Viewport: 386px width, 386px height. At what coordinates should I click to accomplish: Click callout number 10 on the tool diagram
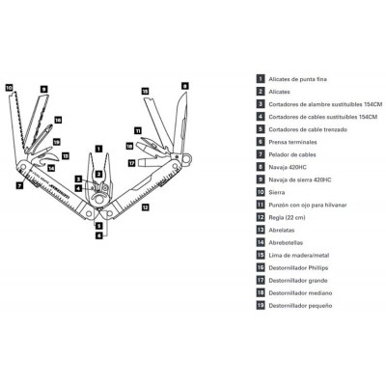point(10,87)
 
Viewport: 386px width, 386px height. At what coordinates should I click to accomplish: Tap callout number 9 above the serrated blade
point(43,89)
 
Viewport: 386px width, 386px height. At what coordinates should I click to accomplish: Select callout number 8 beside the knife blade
point(183,85)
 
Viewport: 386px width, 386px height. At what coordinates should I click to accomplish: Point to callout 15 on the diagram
point(146,91)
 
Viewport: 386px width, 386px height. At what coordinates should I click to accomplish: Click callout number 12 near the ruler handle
point(144,207)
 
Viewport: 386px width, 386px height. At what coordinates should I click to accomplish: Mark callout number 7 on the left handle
point(19,180)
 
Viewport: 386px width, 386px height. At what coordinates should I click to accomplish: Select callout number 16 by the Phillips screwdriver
point(58,121)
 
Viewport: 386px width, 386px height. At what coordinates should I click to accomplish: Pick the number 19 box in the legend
point(260,304)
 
